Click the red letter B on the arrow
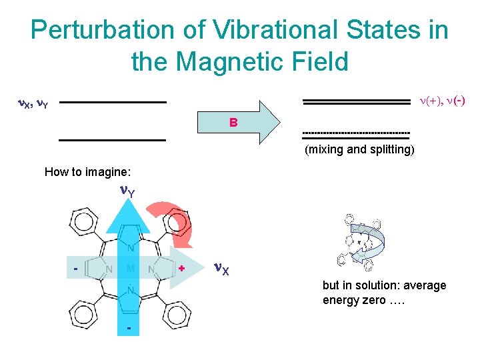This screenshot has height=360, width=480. (233, 123)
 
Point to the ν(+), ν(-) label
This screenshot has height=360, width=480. (441, 101)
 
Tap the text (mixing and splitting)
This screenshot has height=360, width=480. (359, 149)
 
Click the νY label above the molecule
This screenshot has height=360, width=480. (127, 192)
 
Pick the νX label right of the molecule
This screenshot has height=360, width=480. (221, 269)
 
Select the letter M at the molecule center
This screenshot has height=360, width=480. (131, 269)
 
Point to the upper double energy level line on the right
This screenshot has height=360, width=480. (356, 101)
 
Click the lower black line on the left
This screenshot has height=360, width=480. (112, 140)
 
